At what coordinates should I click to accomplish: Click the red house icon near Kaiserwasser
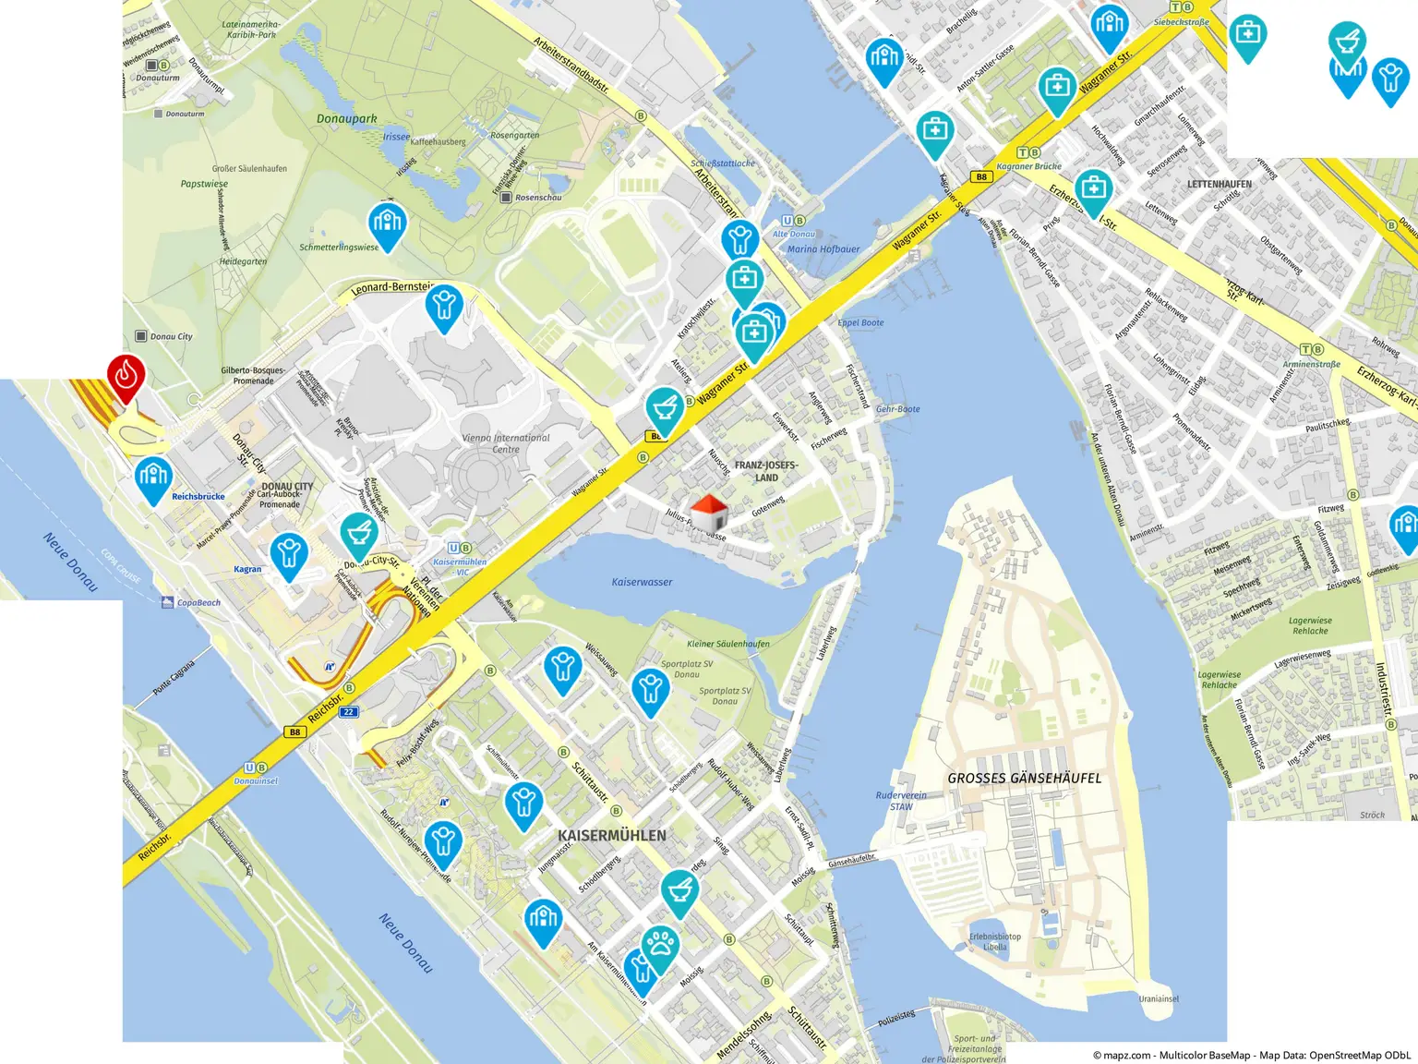tap(708, 513)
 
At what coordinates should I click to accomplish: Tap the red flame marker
tap(126, 376)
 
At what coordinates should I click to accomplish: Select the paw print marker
tap(659, 946)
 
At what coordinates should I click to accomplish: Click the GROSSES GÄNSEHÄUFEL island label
tap(1024, 779)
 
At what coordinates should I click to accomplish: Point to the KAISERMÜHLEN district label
tap(611, 835)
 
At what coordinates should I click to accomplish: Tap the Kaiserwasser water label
tap(642, 582)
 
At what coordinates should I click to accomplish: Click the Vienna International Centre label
tap(505, 443)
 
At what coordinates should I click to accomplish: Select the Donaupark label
tap(346, 118)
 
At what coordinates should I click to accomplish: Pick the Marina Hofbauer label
tap(823, 249)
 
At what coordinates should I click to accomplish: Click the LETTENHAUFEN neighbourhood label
tap(1219, 184)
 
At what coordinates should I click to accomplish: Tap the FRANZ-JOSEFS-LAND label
tap(765, 471)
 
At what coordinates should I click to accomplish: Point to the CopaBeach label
tap(198, 602)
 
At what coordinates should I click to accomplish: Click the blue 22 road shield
tap(348, 712)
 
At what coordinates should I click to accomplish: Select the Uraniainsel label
tap(1158, 998)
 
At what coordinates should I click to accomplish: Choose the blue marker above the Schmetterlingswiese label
tap(387, 224)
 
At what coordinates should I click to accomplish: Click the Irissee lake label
tap(396, 137)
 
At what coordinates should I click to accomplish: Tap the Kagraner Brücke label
tap(1028, 166)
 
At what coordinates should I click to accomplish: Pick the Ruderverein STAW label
tap(901, 801)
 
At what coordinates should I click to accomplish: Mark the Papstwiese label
tap(204, 184)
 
